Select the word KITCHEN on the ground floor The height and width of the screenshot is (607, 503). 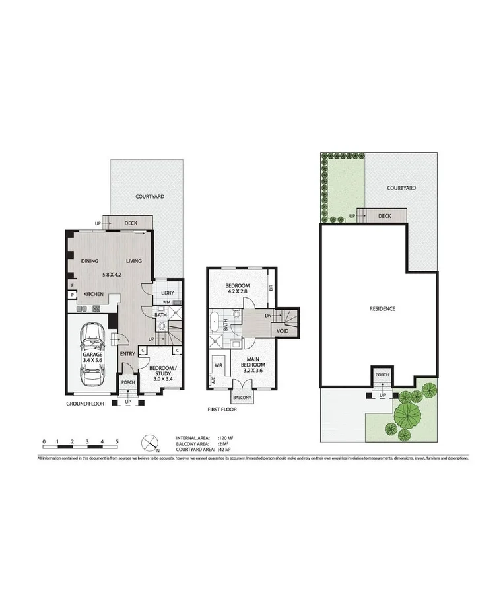(94, 294)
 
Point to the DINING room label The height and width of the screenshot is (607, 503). (90, 261)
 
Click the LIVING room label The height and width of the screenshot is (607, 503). (134, 261)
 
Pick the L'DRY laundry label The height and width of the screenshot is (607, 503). (167, 291)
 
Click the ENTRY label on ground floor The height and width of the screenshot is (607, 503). (127, 354)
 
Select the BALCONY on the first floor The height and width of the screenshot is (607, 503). (241, 398)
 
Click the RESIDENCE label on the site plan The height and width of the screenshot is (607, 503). (382, 308)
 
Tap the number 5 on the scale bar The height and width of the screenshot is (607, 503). (117, 441)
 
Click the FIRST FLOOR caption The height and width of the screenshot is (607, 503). (221, 410)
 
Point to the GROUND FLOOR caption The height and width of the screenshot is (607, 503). (84, 403)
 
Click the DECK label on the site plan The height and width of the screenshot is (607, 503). (385, 215)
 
